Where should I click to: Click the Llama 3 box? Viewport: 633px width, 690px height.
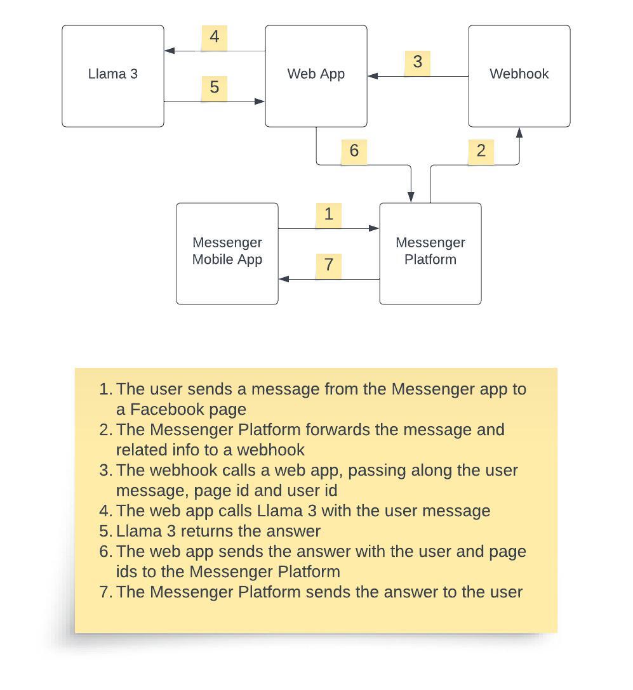113,76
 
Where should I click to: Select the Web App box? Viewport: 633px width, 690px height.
316,76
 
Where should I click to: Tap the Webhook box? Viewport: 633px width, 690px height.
519,76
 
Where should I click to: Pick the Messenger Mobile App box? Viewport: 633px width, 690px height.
227,254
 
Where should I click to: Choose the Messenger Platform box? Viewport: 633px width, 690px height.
430,254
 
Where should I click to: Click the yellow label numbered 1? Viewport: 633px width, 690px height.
328,215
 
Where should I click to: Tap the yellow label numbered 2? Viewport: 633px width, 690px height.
481,152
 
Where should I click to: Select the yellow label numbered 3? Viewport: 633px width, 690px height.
417,63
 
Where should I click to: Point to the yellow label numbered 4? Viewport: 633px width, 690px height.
214,37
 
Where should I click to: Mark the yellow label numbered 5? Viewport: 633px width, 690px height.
214,88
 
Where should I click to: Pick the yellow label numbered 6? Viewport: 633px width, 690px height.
354,152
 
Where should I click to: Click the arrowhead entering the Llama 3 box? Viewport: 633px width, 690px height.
169,51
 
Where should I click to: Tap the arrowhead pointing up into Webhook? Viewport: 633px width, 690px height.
519,132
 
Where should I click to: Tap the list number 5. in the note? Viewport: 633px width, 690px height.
106,531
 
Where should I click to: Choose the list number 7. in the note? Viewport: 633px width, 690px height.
106,592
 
